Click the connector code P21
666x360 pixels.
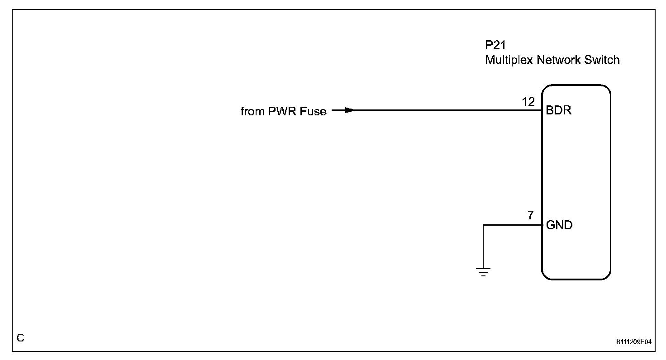pyautogui.click(x=495, y=46)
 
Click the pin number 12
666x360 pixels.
pyautogui.click(x=528, y=101)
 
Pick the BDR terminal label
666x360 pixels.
pyautogui.click(x=559, y=110)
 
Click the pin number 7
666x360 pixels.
pyautogui.click(x=531, y=215)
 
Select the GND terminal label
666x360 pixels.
pyautogui.click(x=559, y=225)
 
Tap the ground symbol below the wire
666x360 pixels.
pyautogui.click(x=483, y=272)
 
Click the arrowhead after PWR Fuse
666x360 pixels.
pyautogui.click(x=348, y=110)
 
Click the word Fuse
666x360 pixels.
pyautogui.click(x=313, y=111)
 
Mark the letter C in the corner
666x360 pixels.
pyautogui.click(x=20, y=338)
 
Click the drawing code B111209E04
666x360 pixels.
pyautogui.click(x=633, y=342)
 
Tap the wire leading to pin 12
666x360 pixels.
pyautogui.click(x=443, y=110)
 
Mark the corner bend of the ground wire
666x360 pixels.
pyautogui.click(x=483, y=225)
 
